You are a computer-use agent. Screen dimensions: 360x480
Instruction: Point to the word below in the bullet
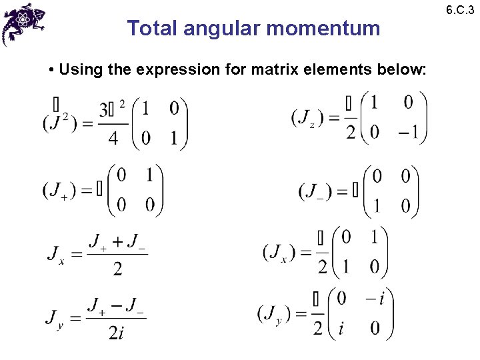point(400,69)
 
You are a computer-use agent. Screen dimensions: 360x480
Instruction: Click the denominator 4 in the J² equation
point(113,138)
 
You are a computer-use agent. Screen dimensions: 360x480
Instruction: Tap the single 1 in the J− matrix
point(377,205)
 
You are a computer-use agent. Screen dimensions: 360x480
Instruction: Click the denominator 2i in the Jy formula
point(116,331)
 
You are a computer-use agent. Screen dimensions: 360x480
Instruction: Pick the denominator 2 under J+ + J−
point(117,269)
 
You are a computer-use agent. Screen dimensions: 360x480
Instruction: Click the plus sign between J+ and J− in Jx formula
point(117,241)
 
